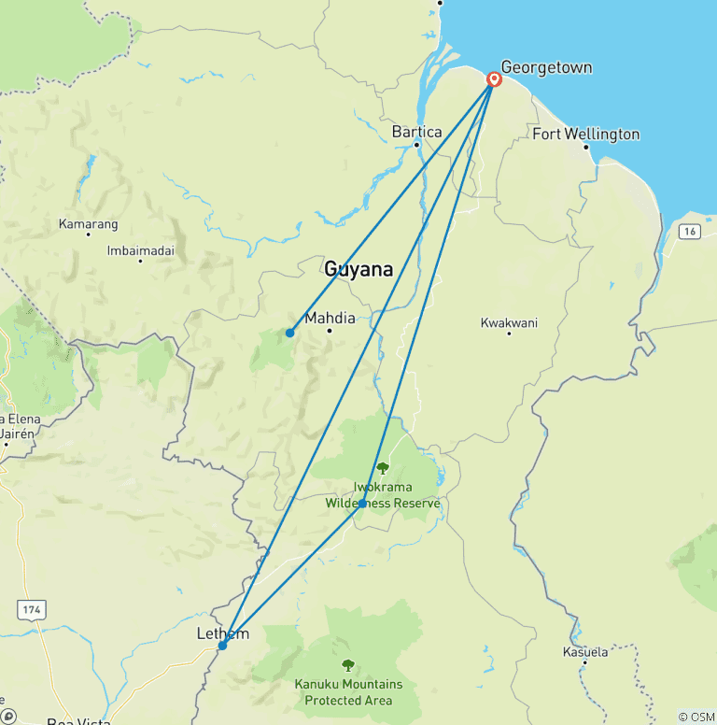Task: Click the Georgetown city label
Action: coord(546,67)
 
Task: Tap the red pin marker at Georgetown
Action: coord(494,80)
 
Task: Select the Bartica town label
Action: coord(416,132)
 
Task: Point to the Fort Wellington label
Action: coord(585,135)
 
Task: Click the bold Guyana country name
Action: coord(358,270)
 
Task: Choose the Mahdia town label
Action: coord(330,317)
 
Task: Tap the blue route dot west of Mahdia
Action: coord(290,333)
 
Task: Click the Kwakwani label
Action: coord(509,322)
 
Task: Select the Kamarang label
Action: coord(88,224)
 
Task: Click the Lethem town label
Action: coord(223,634)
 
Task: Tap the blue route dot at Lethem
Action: coord(222,646)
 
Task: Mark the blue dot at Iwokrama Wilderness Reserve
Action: coord(362,504)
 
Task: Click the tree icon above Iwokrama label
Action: coord(382,468)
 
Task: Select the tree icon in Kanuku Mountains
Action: coord(348,665)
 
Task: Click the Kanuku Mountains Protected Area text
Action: coord(348,691)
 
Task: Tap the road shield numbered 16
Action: coord(690,231)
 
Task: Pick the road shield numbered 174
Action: coord(33,609)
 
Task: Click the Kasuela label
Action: coord(585,651)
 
